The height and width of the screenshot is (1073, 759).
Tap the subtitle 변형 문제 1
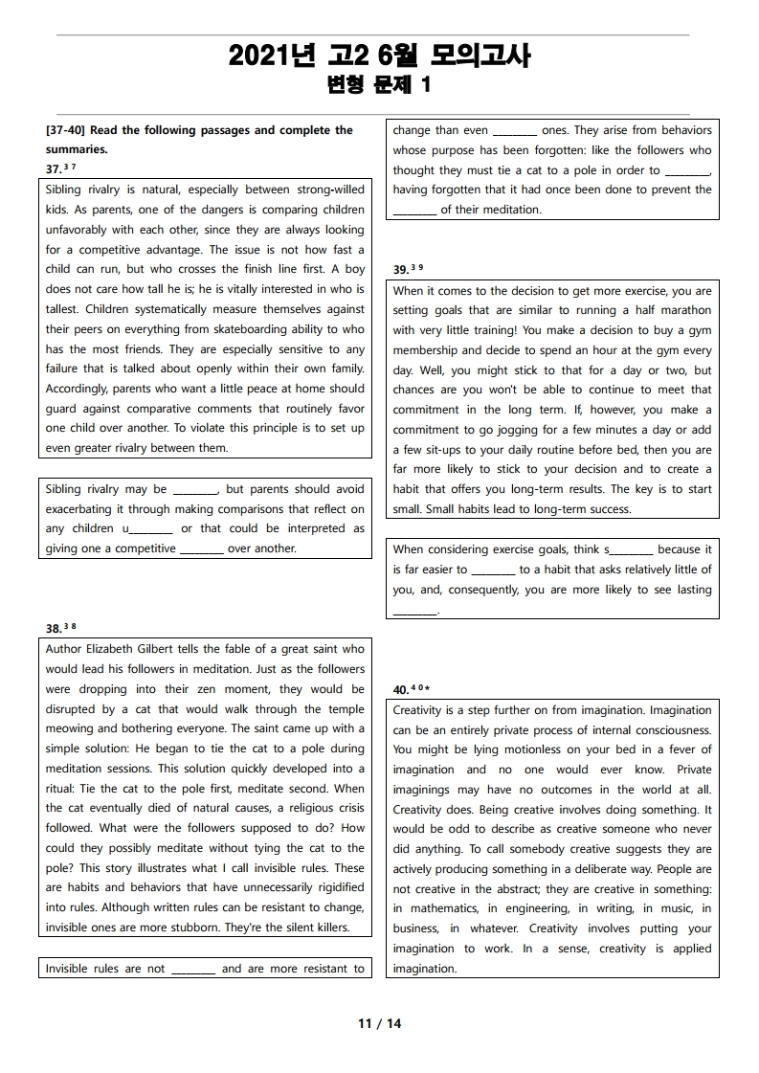(x=379, y=85)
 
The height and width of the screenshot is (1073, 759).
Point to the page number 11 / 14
(x=380, y=1023)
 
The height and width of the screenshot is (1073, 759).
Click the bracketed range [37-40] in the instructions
(x=66, y=130)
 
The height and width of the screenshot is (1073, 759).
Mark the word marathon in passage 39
(x=684, y=310)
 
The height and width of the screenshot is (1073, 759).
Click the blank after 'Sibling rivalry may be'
(x=196, y=489)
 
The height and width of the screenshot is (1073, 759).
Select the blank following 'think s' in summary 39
(x=631, y=549)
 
